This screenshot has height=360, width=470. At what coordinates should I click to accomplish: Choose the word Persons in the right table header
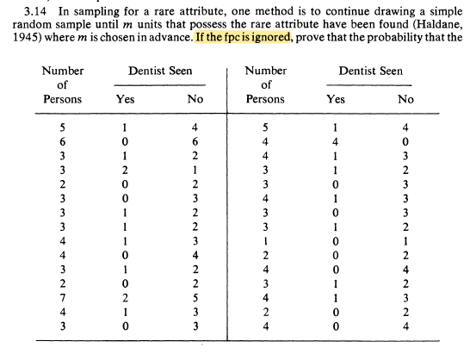pyautogui.click(x=265, y=99)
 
